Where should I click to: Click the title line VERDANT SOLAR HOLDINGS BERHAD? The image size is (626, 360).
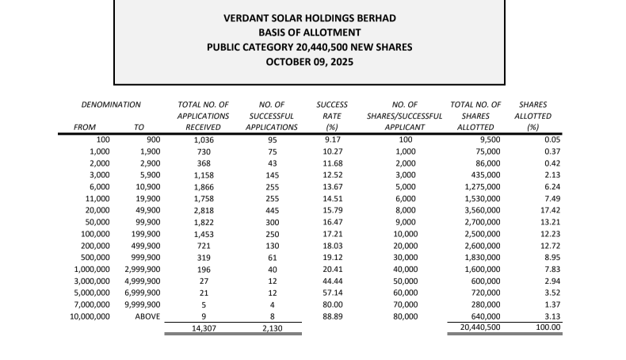click(x=309, y=18)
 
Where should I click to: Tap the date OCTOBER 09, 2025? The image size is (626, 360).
click(x=309, y=61)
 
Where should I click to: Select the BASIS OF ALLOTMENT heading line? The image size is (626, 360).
click(x=309, y=33)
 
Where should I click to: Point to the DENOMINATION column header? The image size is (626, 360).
click(x=111, y=105)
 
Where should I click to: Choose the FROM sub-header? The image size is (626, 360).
click(x=85, y=127)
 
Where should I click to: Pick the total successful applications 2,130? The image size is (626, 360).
click(x=271, y=327)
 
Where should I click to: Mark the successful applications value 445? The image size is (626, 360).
click(x=271, y=210)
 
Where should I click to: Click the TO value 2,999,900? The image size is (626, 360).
click(x=143, y=269)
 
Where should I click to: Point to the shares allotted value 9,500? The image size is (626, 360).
click(x=487, y=140)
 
